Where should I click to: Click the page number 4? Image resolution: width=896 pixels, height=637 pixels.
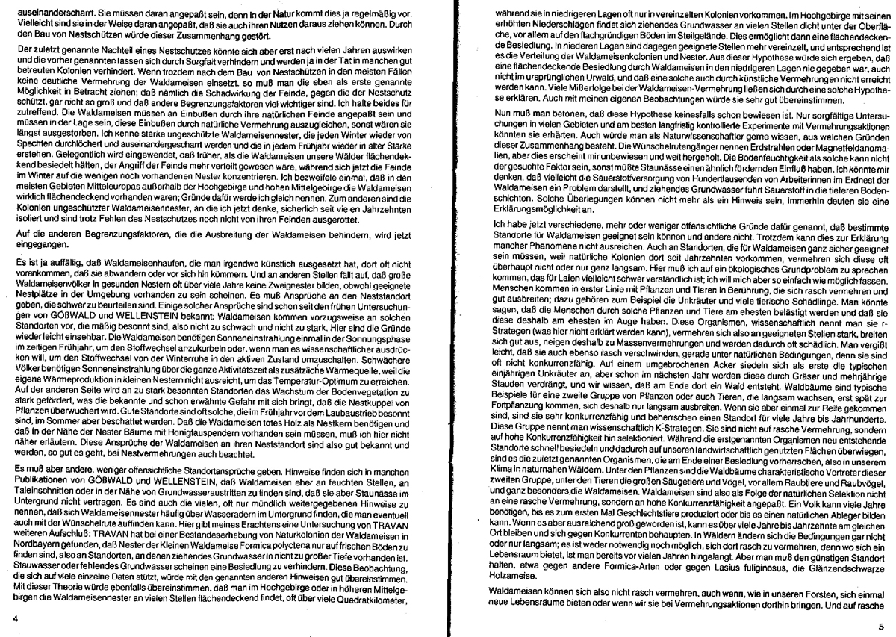click(16, 619)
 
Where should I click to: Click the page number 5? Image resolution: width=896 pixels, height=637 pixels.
click(881, 628)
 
